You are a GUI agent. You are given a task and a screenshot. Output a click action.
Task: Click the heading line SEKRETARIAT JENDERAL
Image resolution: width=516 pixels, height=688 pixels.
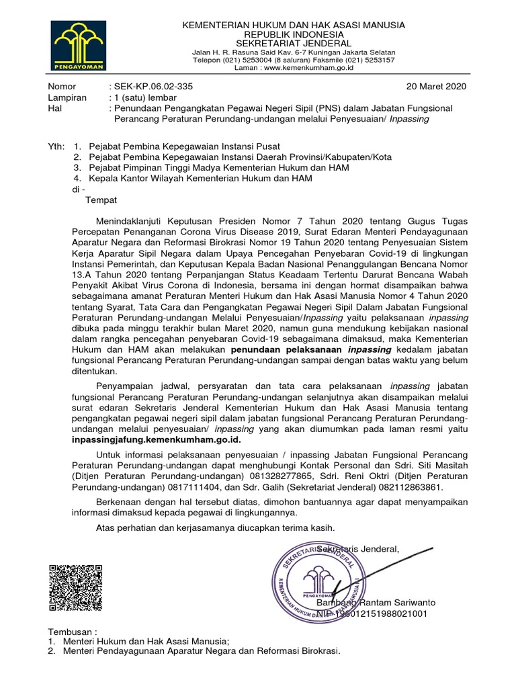point(294,43)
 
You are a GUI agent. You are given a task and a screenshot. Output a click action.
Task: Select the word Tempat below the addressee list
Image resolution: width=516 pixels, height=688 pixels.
point(101,200)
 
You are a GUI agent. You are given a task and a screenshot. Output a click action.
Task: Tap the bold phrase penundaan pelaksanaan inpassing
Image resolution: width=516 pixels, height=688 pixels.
point(312,350)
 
